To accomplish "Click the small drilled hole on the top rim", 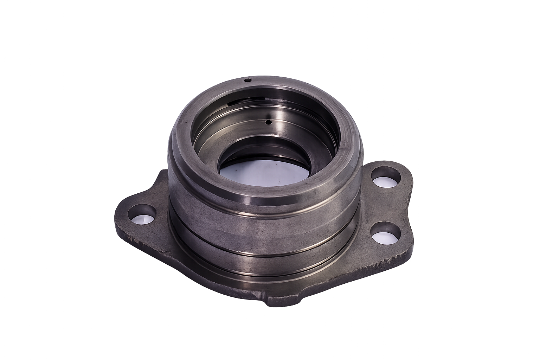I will click(248, 80).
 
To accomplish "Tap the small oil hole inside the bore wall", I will click(268, 122).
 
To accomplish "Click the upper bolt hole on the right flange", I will click(386, 176).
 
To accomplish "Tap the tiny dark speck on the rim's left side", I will click(183, 123).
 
